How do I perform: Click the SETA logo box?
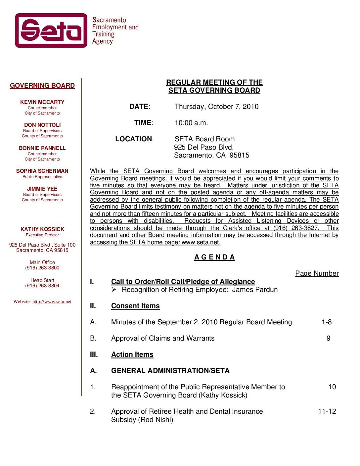point(51,30)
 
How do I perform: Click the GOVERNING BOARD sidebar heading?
point(42,86)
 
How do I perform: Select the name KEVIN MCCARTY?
point(42,102)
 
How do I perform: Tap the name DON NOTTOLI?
point(42,125)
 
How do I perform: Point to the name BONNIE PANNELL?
point(42,148)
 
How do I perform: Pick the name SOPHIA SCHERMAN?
point(42,171)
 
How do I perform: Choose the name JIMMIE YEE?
point(42,189)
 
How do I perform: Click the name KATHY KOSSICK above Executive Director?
point(42,229)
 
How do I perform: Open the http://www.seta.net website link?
point(52,302)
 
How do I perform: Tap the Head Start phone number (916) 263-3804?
point(42,286)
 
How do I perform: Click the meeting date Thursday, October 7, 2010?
point(216,107)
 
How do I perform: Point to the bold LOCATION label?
point(134,139)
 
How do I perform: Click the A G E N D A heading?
point(214,257)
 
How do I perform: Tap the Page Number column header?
point(317,273)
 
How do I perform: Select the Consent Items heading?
point(135,306)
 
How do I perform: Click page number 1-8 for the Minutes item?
point(327,322)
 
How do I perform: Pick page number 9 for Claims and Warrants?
point(328,338)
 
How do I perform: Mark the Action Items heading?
point(132,354)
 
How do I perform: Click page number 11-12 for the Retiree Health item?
point(327,411)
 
